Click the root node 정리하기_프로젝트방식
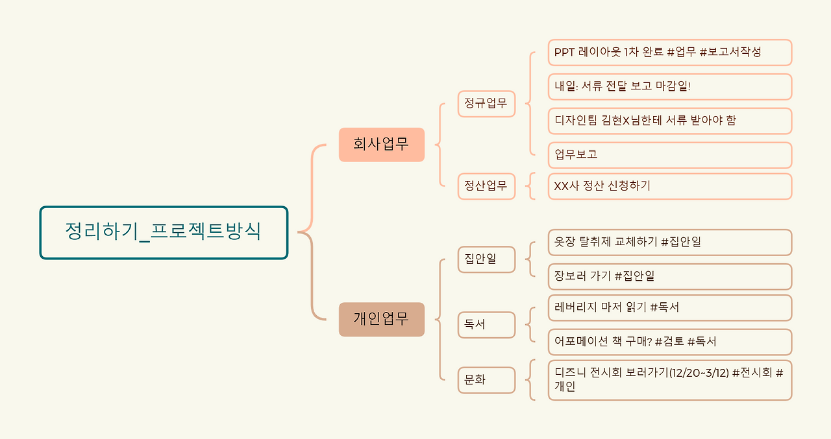click(164, 232)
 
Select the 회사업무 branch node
click(381, 145)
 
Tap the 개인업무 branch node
click(381, 319)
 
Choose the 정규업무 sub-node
click(486, 104)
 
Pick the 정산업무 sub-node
click(486, 186)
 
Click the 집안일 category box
click(486, 259)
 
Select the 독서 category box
click(486, 325)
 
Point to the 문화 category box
click(486, 380)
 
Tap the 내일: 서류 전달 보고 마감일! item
click(669, 87)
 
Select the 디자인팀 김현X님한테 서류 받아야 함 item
click(669, 121)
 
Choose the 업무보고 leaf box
click(669, 155)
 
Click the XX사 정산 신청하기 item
click(669, 186)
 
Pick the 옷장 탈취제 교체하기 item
click(669, 243)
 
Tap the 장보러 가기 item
click(669, 276)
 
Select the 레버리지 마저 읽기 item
click(669, 308)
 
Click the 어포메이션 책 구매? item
click(669, 342)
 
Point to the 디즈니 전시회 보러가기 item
click(669, 380)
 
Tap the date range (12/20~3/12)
click(698, 374)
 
